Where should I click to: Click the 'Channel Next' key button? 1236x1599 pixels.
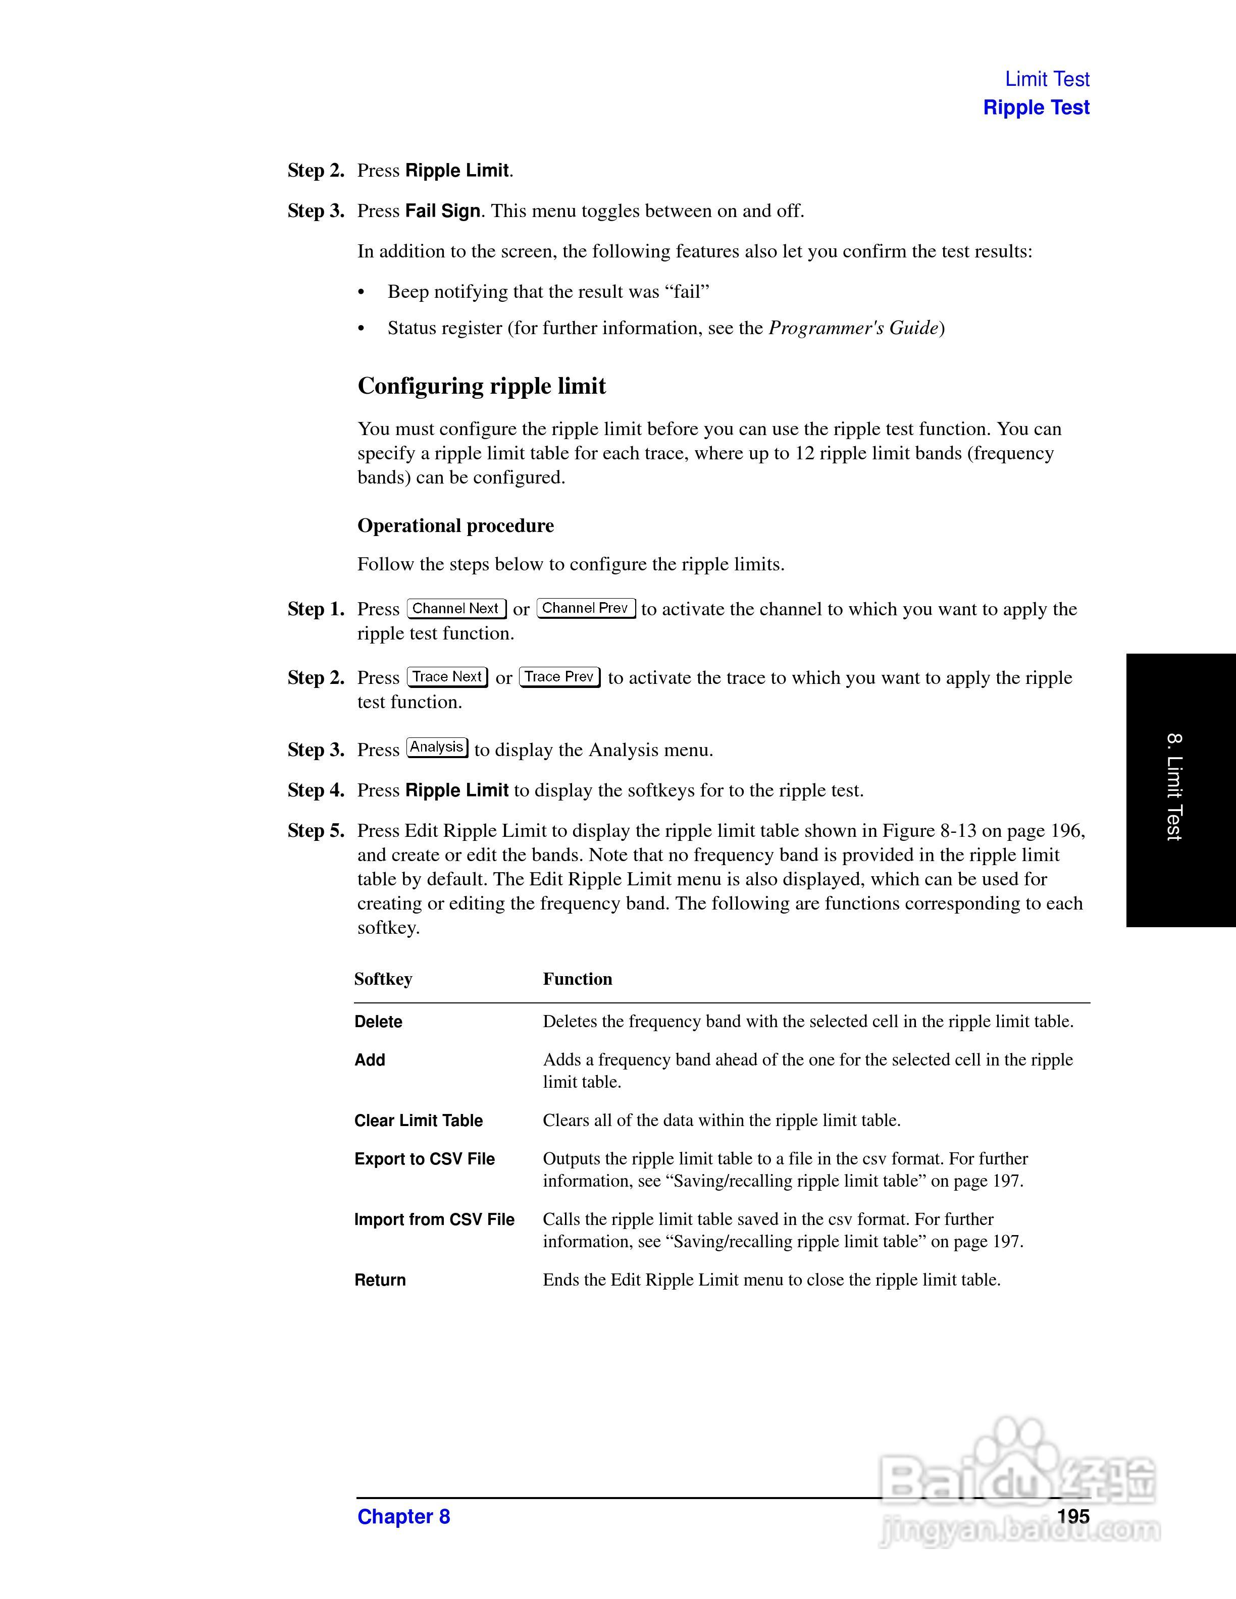pos(456,608)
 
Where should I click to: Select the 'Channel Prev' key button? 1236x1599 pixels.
pos(586,608)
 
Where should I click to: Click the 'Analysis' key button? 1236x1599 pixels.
pos(437,747)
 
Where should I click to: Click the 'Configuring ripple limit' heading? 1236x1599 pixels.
pos(481,386)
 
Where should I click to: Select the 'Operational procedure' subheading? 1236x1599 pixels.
pos(455,525)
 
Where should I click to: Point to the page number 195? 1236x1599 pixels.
pos(1073,1516)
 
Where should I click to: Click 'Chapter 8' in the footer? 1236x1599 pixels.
pos(403,1516)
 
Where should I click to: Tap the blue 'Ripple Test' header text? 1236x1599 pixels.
pos(1036,108)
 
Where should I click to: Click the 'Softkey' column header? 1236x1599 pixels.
pos(383,979)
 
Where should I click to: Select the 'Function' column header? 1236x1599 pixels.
pos(577,979)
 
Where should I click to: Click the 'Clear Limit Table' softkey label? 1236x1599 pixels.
pos(418,1120)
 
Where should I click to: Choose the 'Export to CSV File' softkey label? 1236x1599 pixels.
pos(424,1159)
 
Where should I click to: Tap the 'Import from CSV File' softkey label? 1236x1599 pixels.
pos(434,1219)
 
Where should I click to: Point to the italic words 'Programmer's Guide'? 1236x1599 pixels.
pos(853,328)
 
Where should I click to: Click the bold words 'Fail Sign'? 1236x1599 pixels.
pos(442,211)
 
